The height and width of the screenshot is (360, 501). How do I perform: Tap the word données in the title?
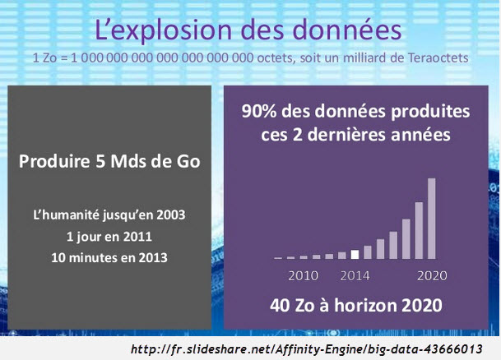pos(346,30)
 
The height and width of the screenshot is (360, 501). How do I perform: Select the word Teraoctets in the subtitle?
pos(438,58)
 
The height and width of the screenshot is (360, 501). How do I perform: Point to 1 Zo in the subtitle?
pos(44,58)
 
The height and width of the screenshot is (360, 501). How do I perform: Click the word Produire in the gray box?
pos(54,161)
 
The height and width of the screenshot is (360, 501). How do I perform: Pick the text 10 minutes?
pos(85,257)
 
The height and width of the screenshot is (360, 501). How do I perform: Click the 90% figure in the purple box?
pos(259,112)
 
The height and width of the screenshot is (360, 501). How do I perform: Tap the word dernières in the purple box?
pos(346,134)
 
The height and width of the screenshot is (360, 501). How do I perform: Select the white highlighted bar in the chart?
pos(355,254)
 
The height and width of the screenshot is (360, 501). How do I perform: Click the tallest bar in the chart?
pos(431,219)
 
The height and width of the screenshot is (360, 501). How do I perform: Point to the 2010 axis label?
pos(304,275)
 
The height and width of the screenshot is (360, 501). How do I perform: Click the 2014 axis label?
pos(355,275)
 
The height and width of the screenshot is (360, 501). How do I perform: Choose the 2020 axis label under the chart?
pos(432,275)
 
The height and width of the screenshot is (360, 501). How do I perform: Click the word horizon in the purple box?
pos(364,305)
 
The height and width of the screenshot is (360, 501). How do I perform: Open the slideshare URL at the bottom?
pos(306,348)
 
